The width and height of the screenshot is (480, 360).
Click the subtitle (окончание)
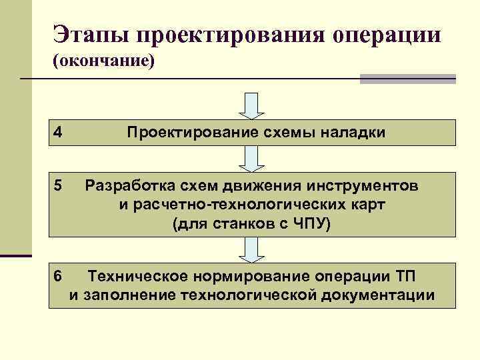(103, 61)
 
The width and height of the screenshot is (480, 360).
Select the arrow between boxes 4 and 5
(252, 159)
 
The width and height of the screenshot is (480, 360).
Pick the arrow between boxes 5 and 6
(252, 249)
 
